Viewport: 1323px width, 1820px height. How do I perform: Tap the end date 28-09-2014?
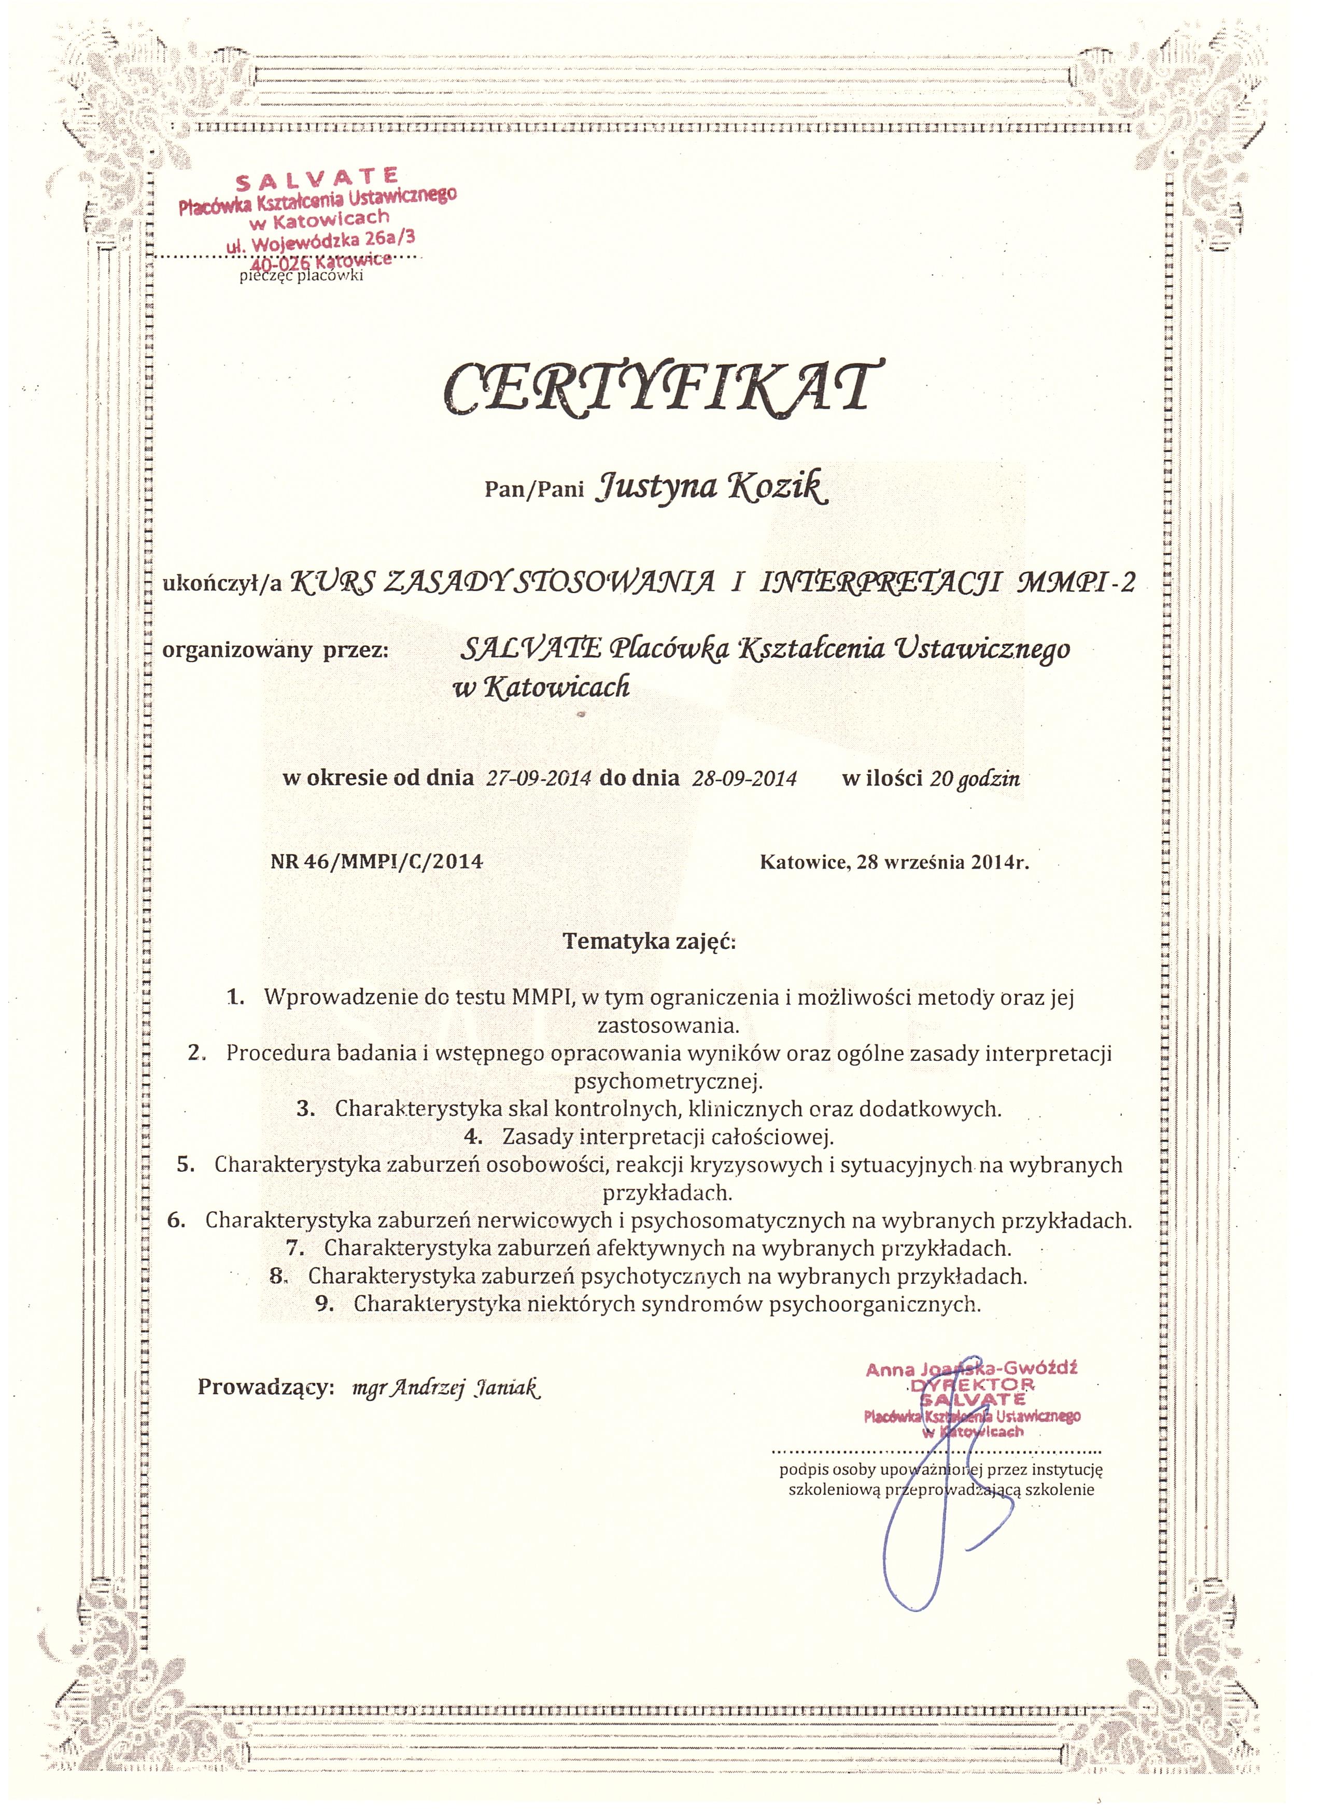click(744, 778)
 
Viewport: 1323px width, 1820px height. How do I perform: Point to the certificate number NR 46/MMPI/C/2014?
click(377, 862)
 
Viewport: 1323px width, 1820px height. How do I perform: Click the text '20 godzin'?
click(974, 778)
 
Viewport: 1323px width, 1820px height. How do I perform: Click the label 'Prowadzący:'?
click(265, 1388)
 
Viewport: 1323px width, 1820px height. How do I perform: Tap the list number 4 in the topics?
click(473, 1137)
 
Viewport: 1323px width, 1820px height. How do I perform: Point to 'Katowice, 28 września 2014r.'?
click(894, 863)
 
